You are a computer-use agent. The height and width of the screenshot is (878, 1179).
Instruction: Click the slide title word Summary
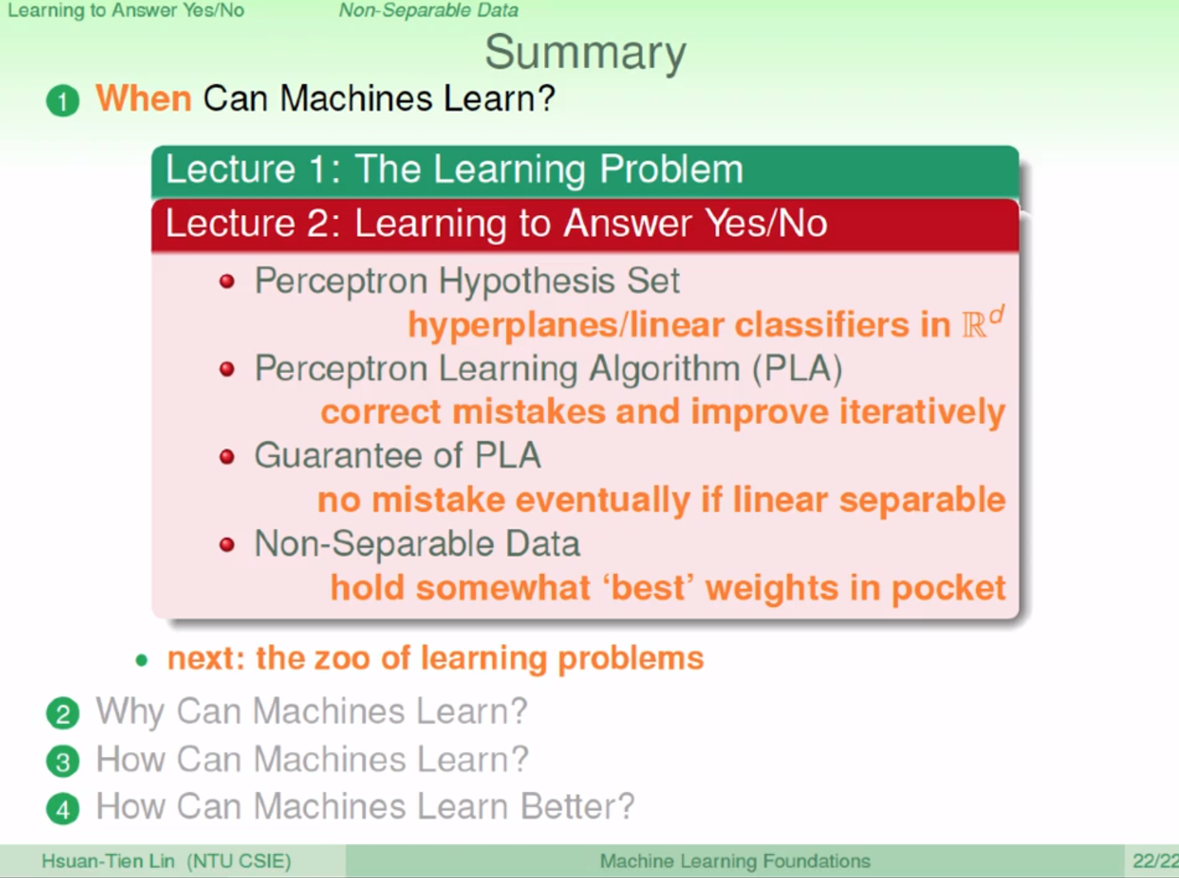[x=585, y=53]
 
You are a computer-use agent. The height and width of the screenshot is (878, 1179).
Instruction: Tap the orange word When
[x=144, y=98]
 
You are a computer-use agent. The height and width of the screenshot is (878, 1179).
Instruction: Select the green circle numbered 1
[x=63, y=101]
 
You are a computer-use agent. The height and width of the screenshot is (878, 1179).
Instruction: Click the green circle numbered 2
[x=63, y=713]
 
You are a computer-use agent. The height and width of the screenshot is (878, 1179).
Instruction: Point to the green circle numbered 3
[x=63, y=761]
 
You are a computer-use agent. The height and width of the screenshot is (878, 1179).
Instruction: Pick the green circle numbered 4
[x=63, y=809]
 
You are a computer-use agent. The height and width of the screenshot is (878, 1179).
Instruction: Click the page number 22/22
[x=1155, y=861]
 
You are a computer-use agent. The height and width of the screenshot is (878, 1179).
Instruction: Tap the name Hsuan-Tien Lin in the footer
[x=108, y=861]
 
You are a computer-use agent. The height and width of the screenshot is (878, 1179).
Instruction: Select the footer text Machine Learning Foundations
[x=735, y=861]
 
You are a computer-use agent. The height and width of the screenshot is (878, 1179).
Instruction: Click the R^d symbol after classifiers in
[x=983, y=322]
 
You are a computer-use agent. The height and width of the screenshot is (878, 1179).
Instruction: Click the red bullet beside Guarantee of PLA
[x=227, y=456]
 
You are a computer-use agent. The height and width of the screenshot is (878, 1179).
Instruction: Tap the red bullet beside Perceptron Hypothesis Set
[x=227, y=281]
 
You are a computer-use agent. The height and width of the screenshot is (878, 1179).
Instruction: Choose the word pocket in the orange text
[x=948, y=589]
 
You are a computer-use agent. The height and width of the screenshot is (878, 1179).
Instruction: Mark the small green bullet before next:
[x=141, y=661]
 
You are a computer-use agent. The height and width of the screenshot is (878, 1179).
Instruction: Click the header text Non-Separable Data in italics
[x=428, y=10]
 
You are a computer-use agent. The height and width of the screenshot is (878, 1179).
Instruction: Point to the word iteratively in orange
[x=922, y=413]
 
